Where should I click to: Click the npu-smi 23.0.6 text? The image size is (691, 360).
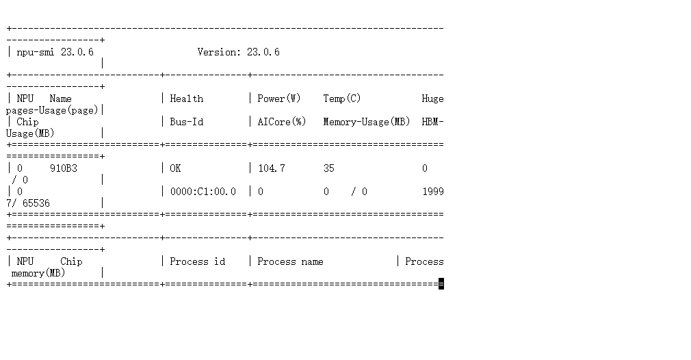pyautogui.click(x=55, y=52)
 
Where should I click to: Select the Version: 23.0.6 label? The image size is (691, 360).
pyautogui.click(x=238, y=52)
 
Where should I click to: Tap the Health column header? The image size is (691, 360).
pyautogui.click(x=186, y=99)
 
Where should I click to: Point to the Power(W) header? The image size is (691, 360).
pyautogui.click(x=279, y=99)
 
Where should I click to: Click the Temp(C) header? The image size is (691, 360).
pyautogui.click(x=342, y=99)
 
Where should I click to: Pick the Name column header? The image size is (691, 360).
pyautogui.click(x=60, y=99)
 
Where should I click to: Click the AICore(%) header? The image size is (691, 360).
pyautogui.click(x=282, y=122)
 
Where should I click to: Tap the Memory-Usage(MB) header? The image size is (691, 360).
pyautogui.click(x=367, y=122)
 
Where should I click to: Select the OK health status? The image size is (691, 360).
pyautogui.click(x=175, y=168)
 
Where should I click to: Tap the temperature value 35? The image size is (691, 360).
pyautogui.click(x=329, y=168)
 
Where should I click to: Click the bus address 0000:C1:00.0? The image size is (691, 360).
pyautogui.click(x=203, y=192)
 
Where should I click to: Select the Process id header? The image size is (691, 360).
pyautogui.click(x=197, y=261)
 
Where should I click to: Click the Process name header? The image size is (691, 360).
pyautogui.click(x=290, y=261)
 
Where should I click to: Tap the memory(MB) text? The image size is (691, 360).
pyautogui.click(x=38, y=273)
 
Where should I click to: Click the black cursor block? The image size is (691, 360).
pyautogui.click(x=441, y=284)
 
